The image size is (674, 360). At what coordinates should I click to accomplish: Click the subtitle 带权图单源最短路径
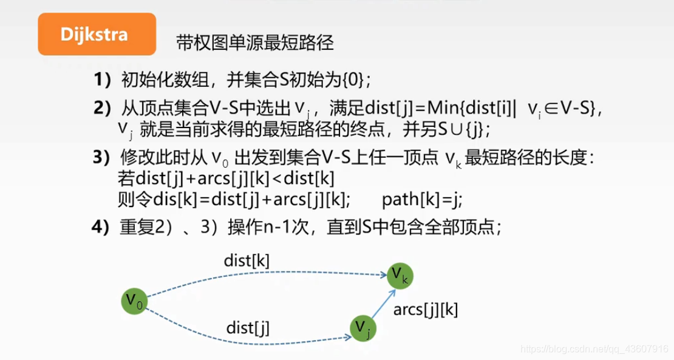click(254, 43)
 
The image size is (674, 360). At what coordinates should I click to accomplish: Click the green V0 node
click(135, 299)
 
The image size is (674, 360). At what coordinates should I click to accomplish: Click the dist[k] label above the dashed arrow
click(247, 260)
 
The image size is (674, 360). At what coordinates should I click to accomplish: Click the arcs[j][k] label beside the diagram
click(426, 309)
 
